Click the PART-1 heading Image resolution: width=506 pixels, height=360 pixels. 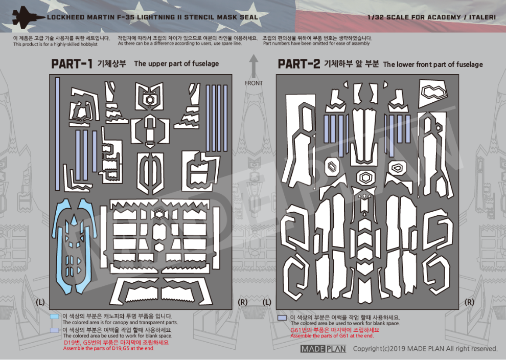[72, 64]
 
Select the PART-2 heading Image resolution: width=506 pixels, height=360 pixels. [298, 64]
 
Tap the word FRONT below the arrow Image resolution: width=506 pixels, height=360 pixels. [254, 83]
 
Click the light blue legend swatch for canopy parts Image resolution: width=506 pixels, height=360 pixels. [55, 317]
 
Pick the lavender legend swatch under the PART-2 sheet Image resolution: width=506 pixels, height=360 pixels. [282, 318]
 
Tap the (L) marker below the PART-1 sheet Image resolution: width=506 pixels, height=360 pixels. [41, 302]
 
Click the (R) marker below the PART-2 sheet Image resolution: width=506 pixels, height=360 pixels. [469, 302]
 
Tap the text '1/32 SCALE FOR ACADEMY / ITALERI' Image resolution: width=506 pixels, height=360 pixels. [432, 17]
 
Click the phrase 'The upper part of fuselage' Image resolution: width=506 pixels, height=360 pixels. [176, 64]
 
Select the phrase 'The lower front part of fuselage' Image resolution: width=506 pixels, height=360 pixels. [432, 64]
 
